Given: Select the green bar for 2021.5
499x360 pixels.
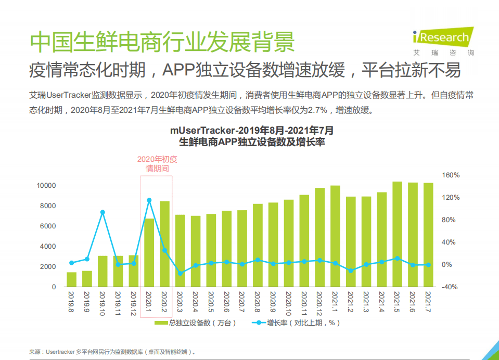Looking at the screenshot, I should click(x=397, y=234).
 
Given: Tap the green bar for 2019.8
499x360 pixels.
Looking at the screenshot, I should click(x=71, y=279).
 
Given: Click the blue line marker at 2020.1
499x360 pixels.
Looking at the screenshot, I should click(x=149, y=200).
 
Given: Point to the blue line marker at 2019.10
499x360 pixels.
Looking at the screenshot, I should click(x=103, y=212).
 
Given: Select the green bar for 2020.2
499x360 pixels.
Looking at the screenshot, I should click(x=164, y=243).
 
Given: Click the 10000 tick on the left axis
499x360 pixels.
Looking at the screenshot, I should click(x=46, y=185).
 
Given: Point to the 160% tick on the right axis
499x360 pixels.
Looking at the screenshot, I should click(x=451, y=175).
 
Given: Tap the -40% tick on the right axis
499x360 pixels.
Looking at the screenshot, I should click(x=450, y=287).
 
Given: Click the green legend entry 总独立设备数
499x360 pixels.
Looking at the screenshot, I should click(x=196, y=323).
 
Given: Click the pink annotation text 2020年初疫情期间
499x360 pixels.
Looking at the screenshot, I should click(x=157, y=164).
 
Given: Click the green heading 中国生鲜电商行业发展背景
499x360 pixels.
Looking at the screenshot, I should click(x=162, y=42).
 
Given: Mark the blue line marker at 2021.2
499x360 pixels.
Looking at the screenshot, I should click(x=351, y=271).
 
